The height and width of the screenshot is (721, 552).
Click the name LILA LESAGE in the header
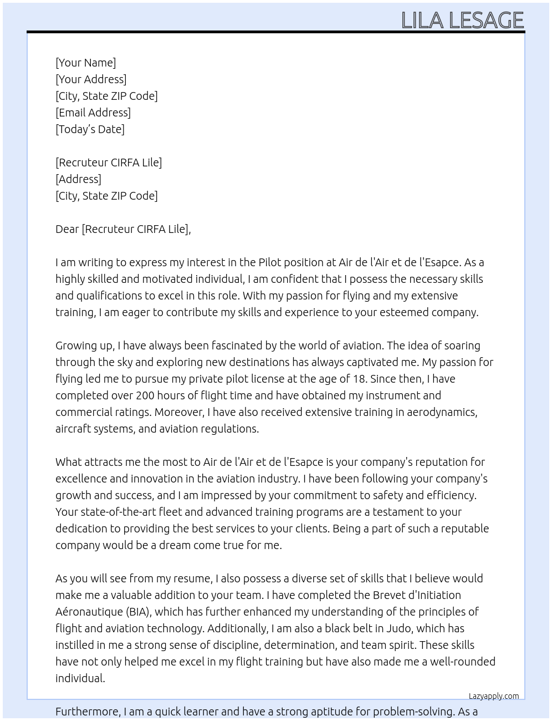[x=462, y=20]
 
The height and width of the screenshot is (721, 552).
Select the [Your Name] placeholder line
[x=85, y=63]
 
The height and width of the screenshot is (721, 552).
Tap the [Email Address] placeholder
[x=93, y=113]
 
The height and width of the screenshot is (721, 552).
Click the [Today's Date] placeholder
[x=90, y=129]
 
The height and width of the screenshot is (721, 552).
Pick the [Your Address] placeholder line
[x=91, y=79]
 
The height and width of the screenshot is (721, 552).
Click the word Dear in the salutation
[x=67, y=229]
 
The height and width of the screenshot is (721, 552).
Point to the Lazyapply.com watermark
[x=493, y=696]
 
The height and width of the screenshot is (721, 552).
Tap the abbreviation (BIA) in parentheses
[x=139, y=612]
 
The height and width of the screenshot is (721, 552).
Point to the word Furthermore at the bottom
[x=88, y=712]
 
